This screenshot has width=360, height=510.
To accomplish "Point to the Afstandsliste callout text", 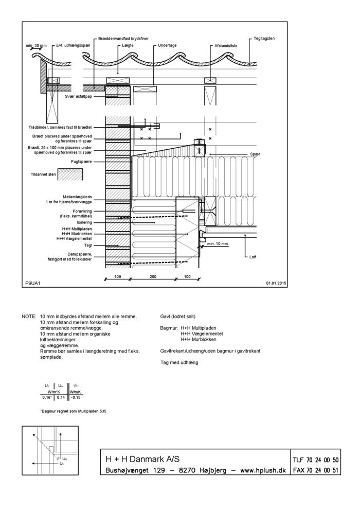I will [x=226, y=45].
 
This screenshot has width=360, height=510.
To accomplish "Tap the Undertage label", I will [x=167, y=45].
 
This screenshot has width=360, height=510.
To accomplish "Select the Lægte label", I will [x=128, y=45].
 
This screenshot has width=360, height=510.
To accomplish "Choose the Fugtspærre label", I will [x=81, y=162].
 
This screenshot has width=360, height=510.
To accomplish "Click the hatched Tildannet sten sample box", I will [x=70, y=174].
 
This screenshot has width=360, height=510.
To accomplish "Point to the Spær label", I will [x=255, y=154].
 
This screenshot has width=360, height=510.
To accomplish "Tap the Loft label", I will [x=253, y=257].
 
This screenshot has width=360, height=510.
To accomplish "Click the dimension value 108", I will [x=117, y=276].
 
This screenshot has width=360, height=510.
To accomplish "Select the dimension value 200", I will [x=153, y=276].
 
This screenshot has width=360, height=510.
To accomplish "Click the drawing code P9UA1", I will [x=32, y=283].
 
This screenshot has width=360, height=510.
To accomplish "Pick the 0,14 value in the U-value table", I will [x=61, y=397].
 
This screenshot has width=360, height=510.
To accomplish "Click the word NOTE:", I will [x=29, y=316].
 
